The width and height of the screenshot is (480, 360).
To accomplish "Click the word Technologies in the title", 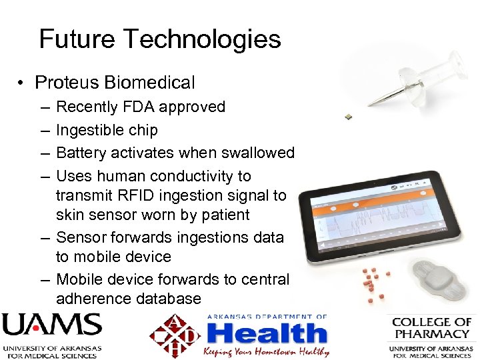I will tap(203, 40).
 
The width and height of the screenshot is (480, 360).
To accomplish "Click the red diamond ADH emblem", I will tap(175, 335).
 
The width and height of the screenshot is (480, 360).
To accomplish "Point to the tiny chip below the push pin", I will tap(348, 117).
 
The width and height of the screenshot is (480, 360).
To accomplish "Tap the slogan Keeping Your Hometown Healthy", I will tap(267, 351).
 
